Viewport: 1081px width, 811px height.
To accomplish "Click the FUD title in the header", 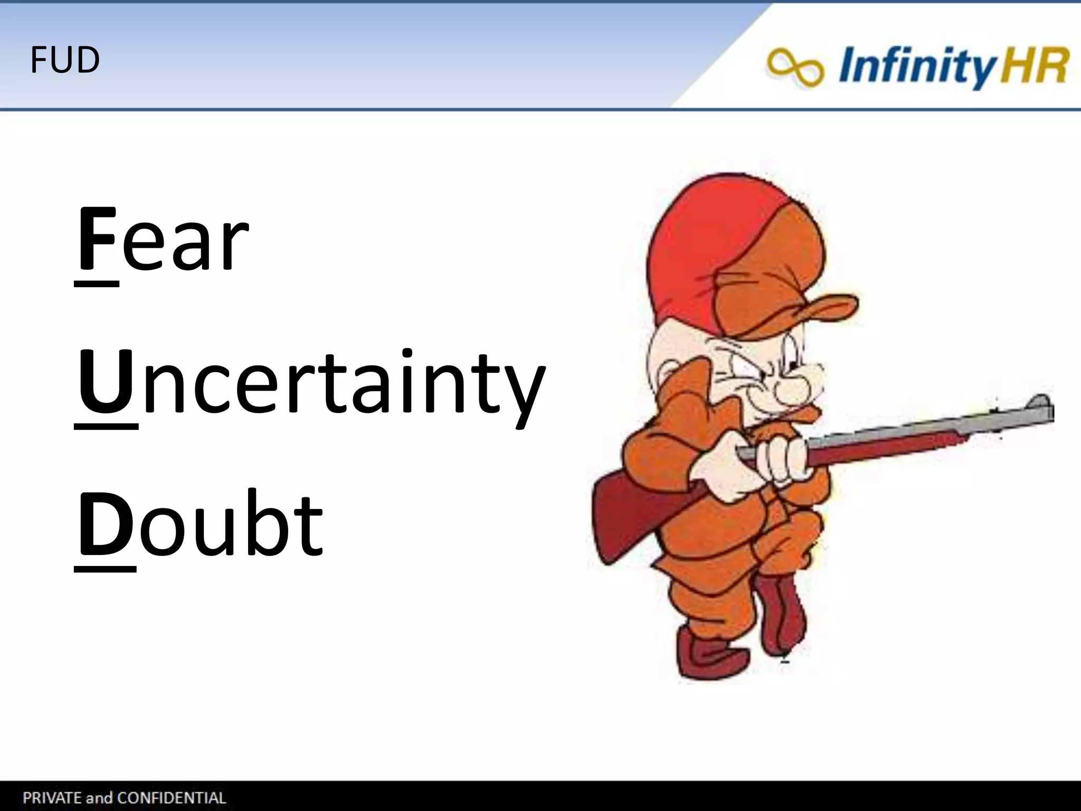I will [65, 60].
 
